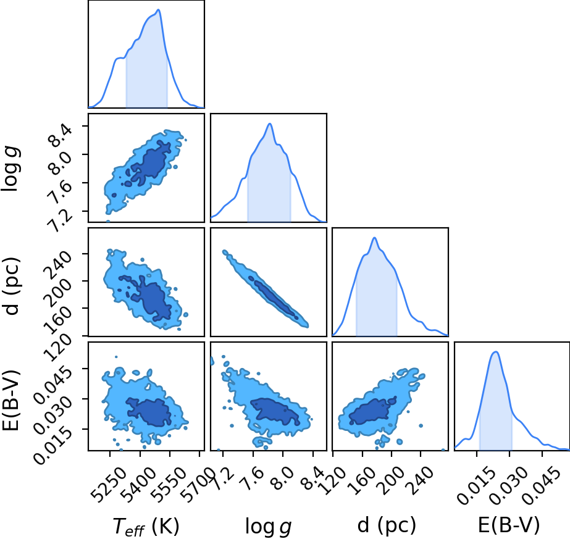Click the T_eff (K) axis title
(x=146, y=526)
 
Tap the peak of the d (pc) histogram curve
(x=374, y=238)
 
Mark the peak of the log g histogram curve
(x=270, y=123)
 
